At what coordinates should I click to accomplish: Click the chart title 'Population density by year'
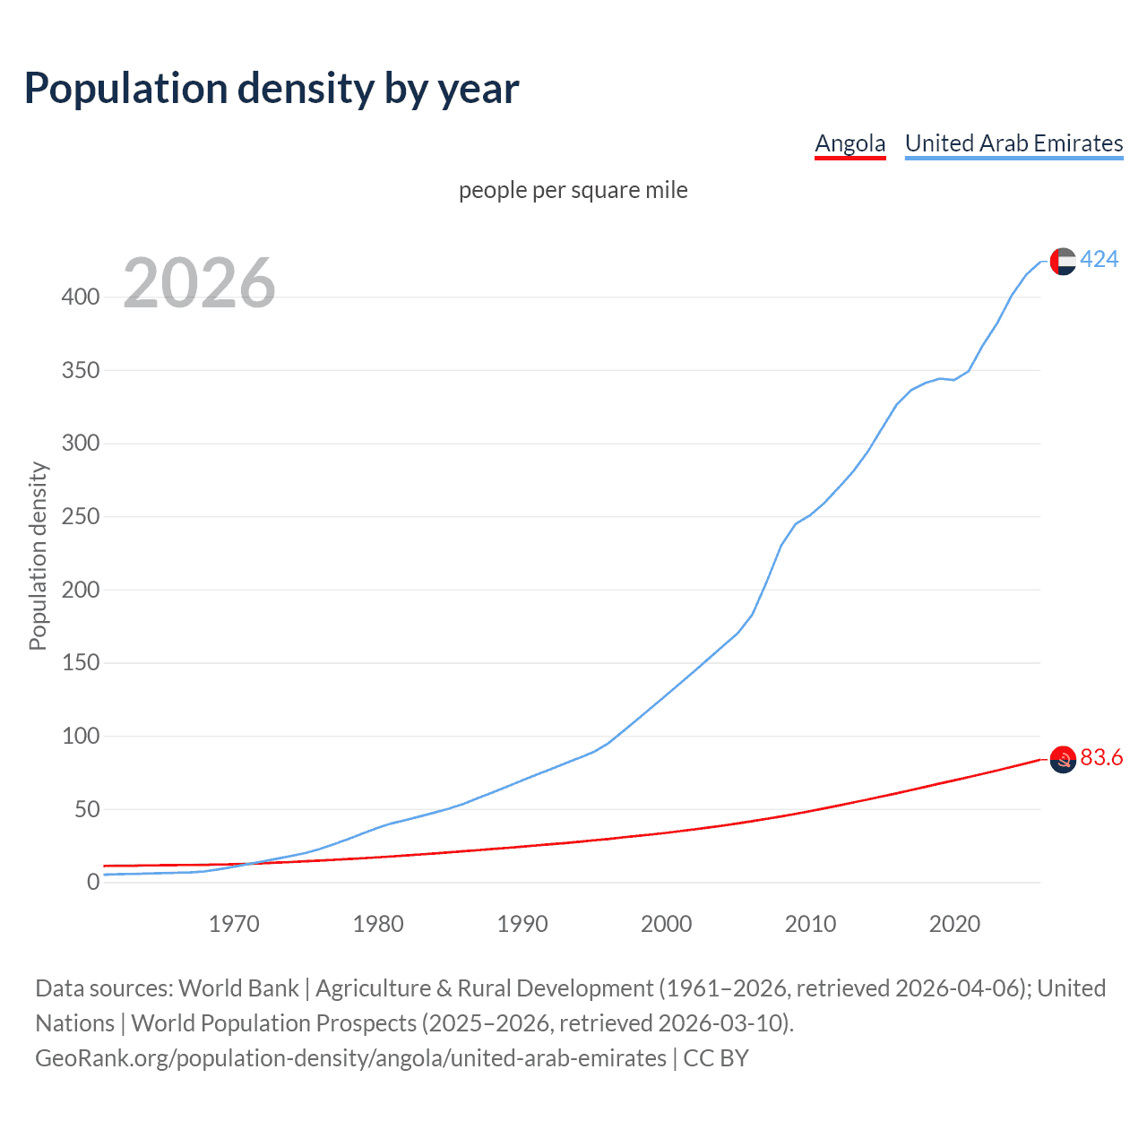coord(272,89)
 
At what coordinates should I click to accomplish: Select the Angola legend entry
coord(849,143)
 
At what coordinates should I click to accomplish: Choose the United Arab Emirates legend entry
coord(1013,143)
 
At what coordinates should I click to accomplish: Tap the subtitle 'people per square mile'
coord(573,190)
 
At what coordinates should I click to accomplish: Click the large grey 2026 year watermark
coord(199,283)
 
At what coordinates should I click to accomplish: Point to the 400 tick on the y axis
coord(81,297)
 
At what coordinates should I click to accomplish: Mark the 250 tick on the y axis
coord(81,516)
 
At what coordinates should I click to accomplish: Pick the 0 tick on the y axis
coord(93,883)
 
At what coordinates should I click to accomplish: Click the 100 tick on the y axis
coord(81,737)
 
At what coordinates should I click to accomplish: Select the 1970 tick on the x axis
coord(234,924)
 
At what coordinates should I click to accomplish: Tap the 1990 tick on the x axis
coord(522,924)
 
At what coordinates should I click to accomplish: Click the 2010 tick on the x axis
coord(810,924)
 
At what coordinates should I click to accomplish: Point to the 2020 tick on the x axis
coord(954,924)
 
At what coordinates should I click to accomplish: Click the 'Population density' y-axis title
coord(38,556)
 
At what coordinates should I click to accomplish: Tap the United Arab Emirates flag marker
coord(1063,261)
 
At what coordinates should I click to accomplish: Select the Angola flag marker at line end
coord(1063,759)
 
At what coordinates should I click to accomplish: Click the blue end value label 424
coord(1100,260)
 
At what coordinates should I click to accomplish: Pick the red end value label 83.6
coord(1101,758)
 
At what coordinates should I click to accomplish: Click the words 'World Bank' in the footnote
coord(238,988)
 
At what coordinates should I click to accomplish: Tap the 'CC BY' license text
coord(716,1058)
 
